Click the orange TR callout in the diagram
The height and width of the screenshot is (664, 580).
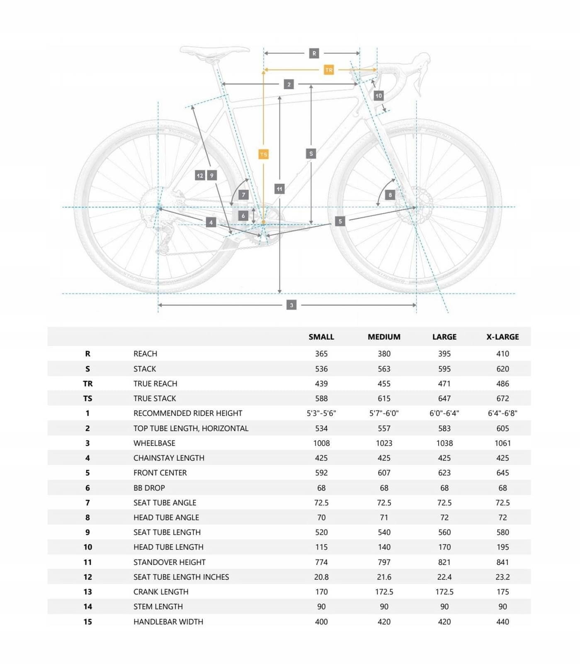pos(329,70)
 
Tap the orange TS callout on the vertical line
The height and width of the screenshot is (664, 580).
pos(263,154)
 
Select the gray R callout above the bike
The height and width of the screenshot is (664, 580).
pos(314,53)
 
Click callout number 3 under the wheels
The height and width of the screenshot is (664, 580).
pos(291,305)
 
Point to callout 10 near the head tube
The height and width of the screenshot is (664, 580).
pos(379,95)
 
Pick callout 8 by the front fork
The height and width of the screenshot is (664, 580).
pos(390,195)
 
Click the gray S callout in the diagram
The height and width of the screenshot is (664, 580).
pos(311,154)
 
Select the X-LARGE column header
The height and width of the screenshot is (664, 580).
pos(502,337)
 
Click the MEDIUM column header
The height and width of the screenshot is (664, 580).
pos(384,337)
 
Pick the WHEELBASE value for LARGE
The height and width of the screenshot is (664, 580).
pos(444,443)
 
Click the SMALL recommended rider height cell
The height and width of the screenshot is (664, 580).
pos(321,413)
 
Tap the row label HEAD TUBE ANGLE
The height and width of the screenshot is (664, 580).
pos(166,517)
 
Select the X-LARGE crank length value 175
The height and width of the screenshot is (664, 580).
pos(502,591)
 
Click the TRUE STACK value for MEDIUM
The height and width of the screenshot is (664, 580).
pos(384,398)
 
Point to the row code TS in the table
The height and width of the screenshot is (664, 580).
pos(87,398)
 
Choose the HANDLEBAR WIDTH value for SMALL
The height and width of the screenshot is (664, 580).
pos(321,621)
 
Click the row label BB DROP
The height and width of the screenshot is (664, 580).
pos(149,488)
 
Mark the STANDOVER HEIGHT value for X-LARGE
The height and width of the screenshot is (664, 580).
pos(502,562)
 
